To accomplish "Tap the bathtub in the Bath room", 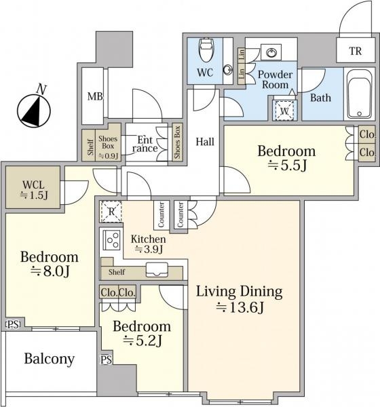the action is tap(360, 95).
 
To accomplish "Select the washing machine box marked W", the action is tap(284, 111).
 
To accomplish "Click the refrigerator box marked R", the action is tap(111, 212).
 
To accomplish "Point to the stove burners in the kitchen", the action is tap(113, 240).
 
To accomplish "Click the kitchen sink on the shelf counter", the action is tap(157, 270).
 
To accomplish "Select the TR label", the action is tap(356, 51).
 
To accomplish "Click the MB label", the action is tap(95, 96).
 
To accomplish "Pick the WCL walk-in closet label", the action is tap(33, 185).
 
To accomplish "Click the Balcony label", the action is tap(50, 360).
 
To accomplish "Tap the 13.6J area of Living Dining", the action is tap(240, 307).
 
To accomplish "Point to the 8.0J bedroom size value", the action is tap(50, 271).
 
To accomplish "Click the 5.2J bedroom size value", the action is tap(142, 341).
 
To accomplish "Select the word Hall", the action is tap(205, 142).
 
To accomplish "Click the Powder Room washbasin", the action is tap(271, 53).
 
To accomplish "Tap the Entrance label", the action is tap(145, 144).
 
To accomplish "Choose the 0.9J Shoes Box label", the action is tap(108, 147).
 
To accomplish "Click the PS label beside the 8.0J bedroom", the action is tap(13, 324).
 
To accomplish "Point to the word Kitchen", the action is tap(148, 239).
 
